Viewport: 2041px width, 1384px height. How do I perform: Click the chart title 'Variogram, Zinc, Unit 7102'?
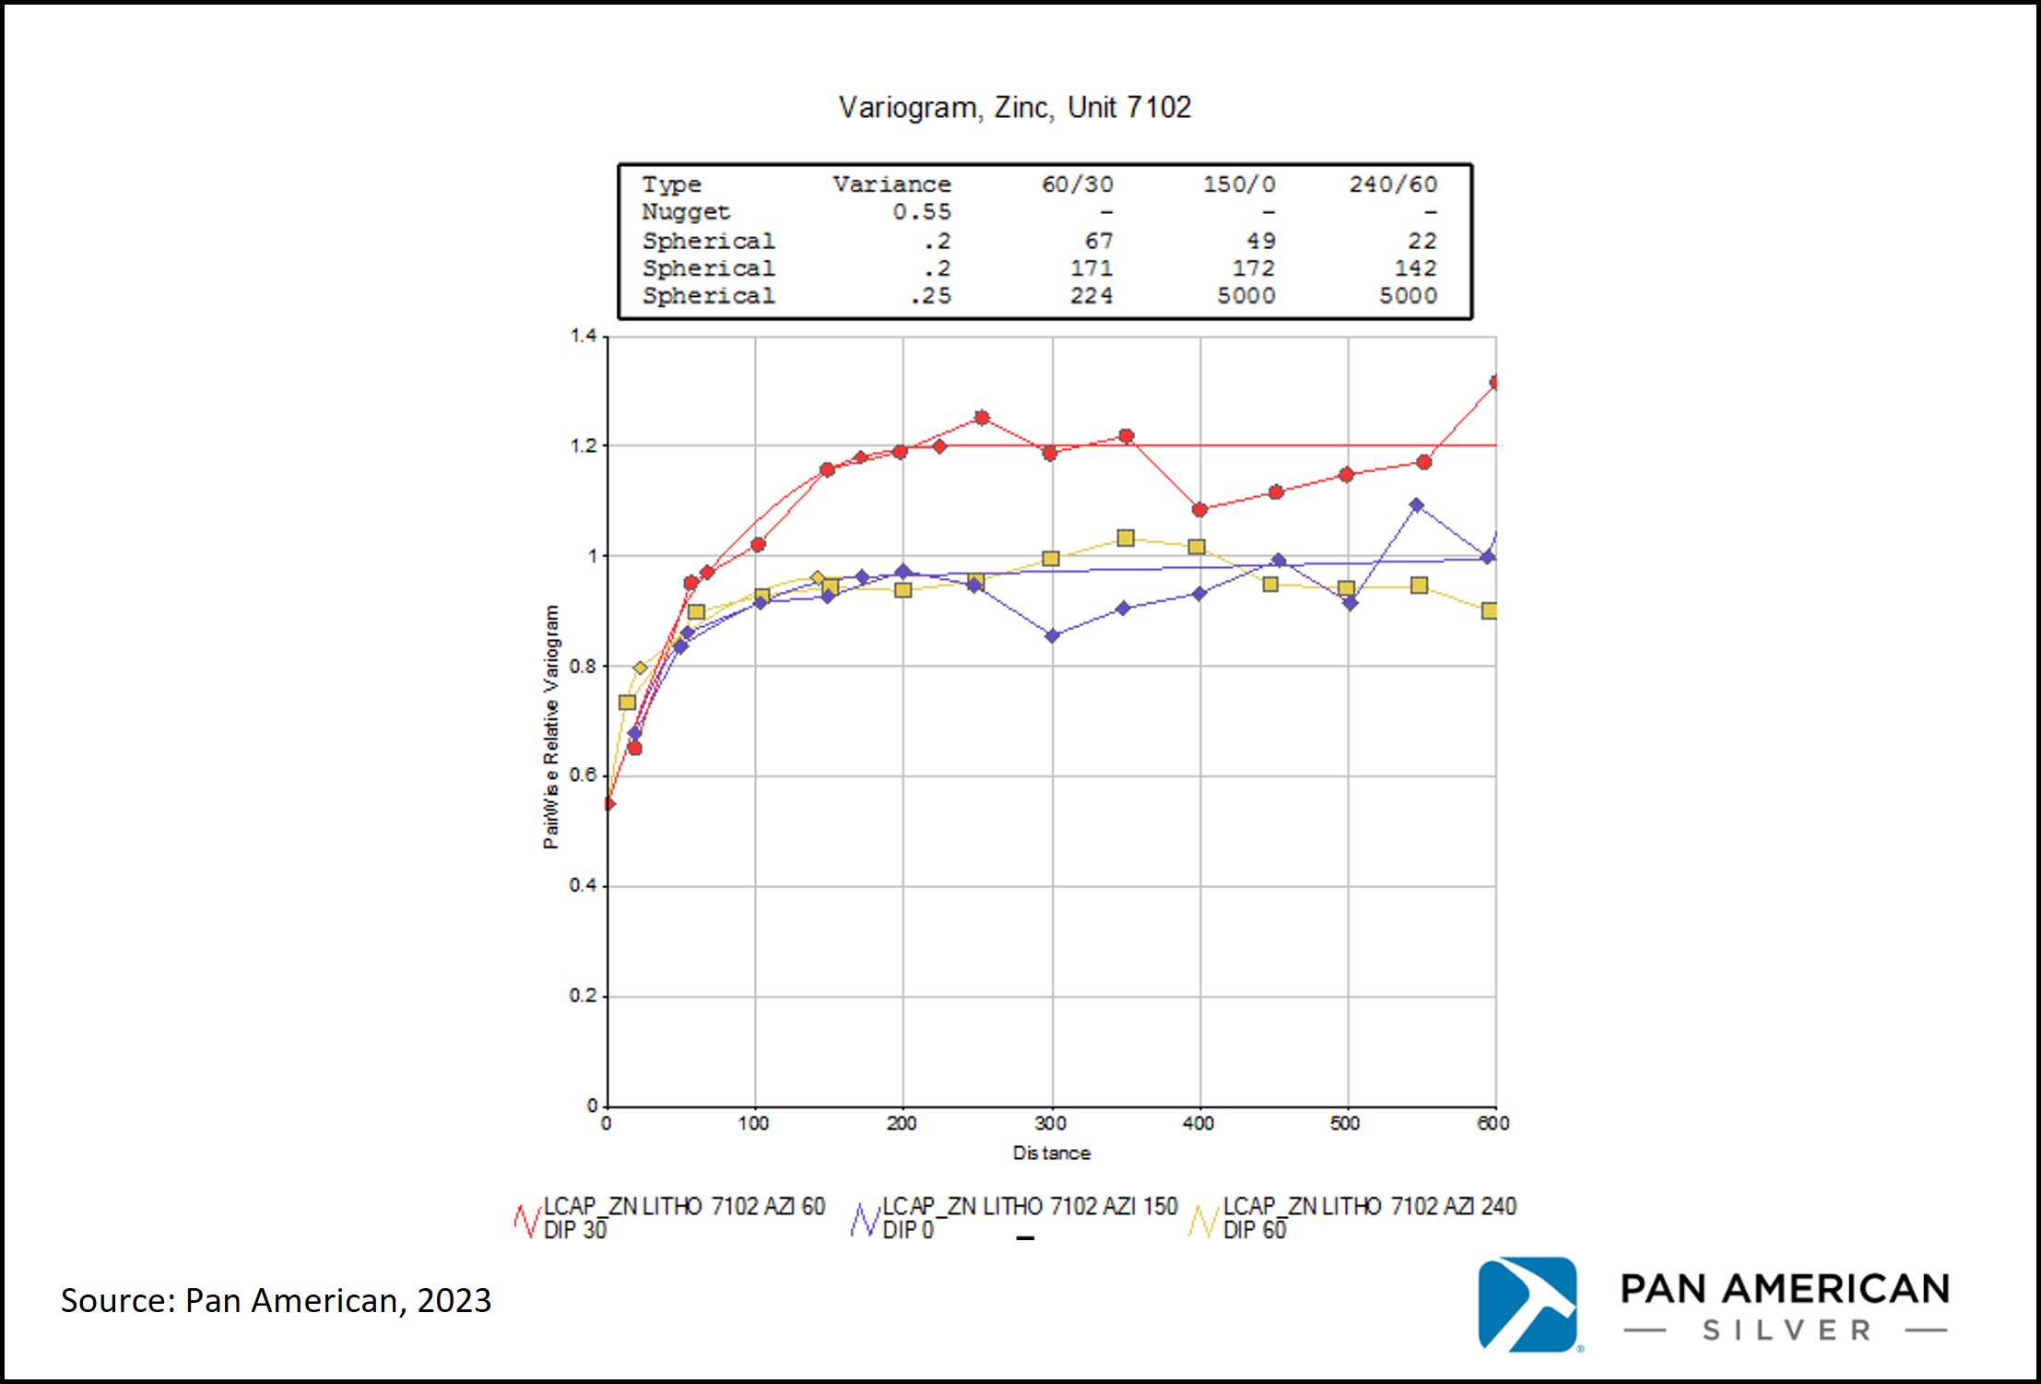click(x=1014, y=109)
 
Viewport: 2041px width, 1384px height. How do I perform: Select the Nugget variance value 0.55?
click(x=921, y=212)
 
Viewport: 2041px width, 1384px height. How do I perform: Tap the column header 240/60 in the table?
click(x=1393, y=184)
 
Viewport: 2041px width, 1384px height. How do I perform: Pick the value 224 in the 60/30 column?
click(x=1091, y=296)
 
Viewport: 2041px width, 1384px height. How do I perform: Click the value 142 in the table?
click(x=1415, y=268)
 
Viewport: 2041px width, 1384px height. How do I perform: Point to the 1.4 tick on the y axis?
click(x=583, y=336)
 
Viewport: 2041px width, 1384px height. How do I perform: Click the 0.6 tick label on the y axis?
click(x=583, y=775)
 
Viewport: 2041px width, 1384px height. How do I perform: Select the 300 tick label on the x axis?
click(x=1051, y=1123)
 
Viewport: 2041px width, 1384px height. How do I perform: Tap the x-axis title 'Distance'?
click(x=1051, y=1153)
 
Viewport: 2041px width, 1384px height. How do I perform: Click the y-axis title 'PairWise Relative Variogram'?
click(x=551, y=727)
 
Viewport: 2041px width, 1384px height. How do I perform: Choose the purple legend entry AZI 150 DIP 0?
click(x=1014, y=1218)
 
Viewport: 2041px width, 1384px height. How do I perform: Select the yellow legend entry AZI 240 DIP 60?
click(x=1352, y=1218)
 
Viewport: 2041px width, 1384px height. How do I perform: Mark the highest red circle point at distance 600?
click(x=1495, y=382)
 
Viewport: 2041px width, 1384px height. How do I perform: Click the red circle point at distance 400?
click(x=1199, y=510)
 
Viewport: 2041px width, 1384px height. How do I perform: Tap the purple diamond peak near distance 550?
click(x=1417, y=505)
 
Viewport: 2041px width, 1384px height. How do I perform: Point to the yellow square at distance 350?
click(x=1126, y=538)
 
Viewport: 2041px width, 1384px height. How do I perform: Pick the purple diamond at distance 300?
click(x=1052, y=635)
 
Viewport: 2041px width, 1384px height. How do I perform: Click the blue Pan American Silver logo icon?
click(x=1528, y=1305)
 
